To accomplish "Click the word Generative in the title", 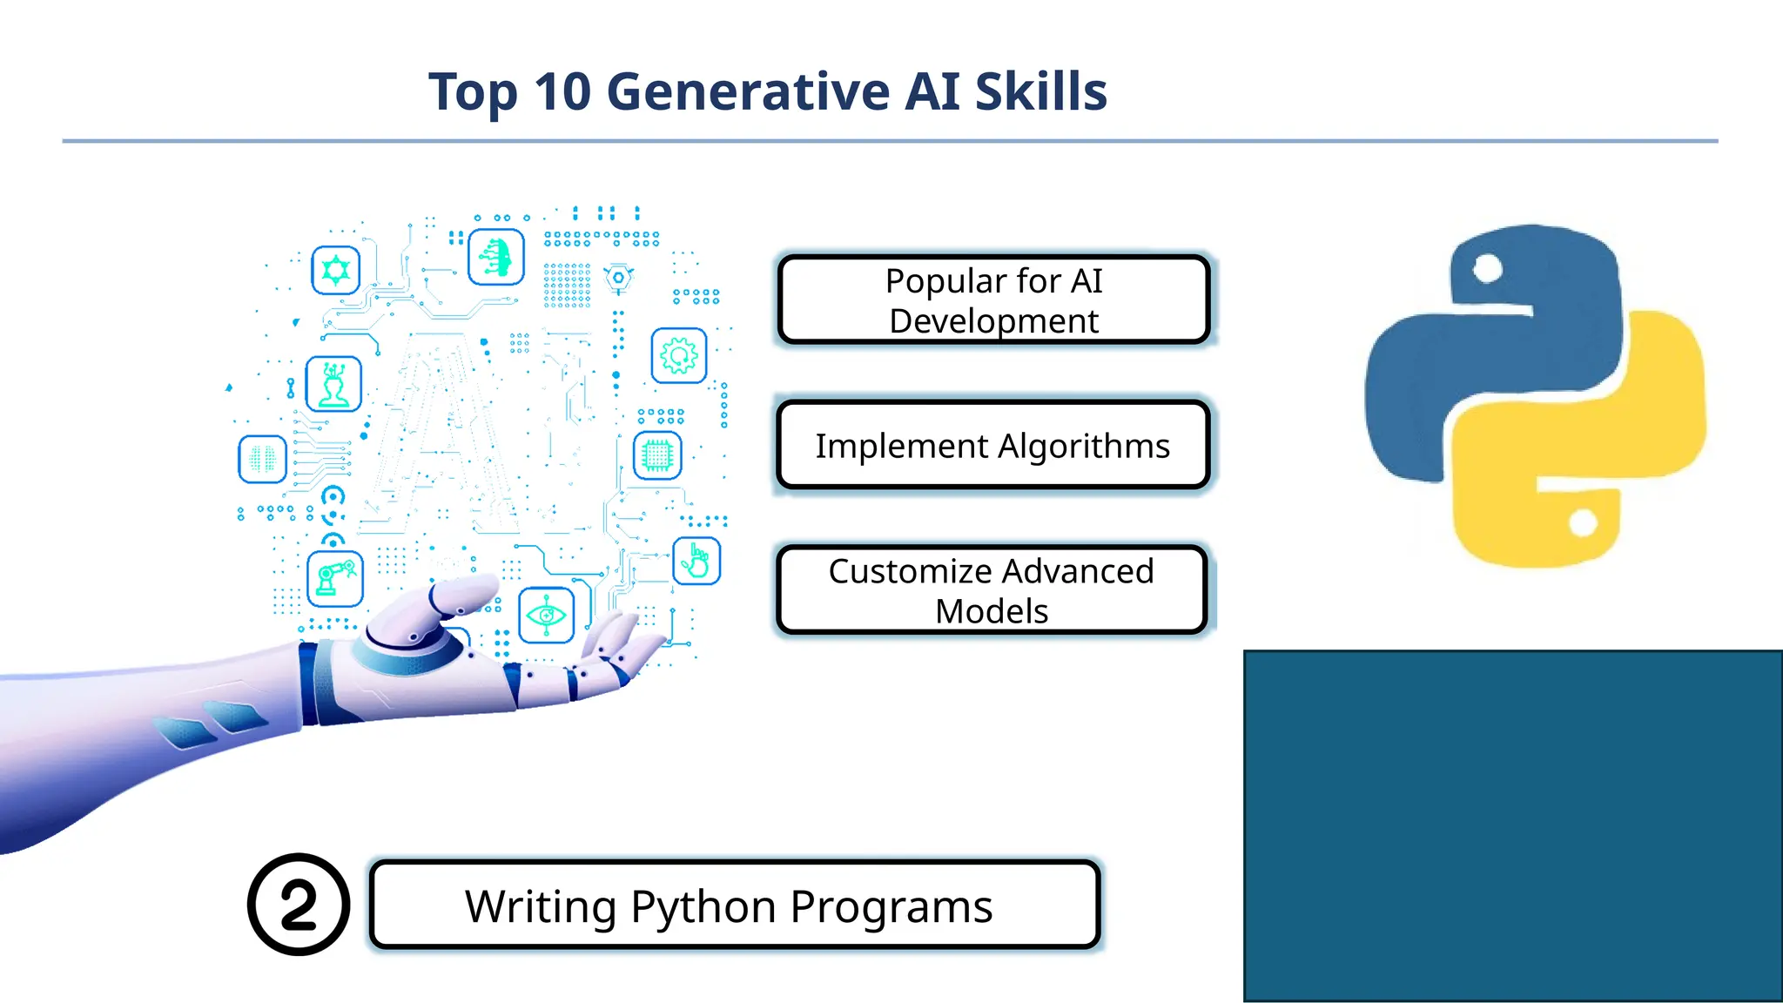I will [749, 91].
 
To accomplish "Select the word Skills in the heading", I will [1040, 91].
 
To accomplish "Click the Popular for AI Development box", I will [993, 300].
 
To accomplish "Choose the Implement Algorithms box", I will [992, 445].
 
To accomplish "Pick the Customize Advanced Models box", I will [991, 590].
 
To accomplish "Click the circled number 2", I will [299, 905].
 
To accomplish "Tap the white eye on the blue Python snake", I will [1488, 268].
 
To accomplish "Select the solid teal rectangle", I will [1512, 825].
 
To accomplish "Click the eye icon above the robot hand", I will [546, 616].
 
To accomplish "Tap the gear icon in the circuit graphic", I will [679, 356].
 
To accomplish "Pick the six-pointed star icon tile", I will [336, 271].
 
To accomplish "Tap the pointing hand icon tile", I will [696, 562].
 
